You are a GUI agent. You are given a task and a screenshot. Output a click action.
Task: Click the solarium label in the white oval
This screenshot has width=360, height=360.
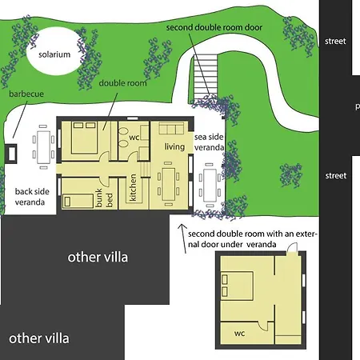(x=54, y=54)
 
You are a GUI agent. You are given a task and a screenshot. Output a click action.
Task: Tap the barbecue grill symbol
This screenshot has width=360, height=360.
(x=11, y=154)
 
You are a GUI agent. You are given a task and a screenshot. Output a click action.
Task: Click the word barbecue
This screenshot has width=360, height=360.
(x=26, y=94)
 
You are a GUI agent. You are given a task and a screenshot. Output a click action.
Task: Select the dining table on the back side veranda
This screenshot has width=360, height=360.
(x=43, y=147)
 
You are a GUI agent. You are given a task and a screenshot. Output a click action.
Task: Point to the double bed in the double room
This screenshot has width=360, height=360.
(x=84, y=138)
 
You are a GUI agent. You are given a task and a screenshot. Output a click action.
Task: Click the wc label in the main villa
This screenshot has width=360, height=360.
(x=134, y=138)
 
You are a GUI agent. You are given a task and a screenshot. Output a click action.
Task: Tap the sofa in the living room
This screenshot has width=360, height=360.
(x=171, y=128)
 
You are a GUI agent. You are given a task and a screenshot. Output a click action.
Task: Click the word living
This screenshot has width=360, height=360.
(x=174, y=146)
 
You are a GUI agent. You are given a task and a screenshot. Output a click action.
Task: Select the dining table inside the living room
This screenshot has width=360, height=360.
(x=168, y=184)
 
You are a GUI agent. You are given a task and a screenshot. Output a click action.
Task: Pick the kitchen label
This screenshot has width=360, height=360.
(x=133, y=187)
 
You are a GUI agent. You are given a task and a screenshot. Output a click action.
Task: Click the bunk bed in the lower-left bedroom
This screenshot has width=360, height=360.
(x=78, y=201)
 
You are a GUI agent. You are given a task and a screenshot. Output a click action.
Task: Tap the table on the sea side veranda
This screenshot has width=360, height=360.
(x=210, y=185)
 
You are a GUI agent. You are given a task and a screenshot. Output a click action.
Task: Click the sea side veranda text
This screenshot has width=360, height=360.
(x=209, y=142)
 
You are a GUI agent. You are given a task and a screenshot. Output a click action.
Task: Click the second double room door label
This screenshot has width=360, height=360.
(x=214, y=27)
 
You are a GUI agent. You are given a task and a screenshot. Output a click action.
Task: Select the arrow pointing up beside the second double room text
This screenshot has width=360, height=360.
(x=183, y=238)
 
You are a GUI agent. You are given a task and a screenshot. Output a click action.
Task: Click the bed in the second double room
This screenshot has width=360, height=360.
(x=237, y=286)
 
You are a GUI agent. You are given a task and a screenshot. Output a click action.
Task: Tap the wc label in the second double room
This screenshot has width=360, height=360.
(x=239, y=334)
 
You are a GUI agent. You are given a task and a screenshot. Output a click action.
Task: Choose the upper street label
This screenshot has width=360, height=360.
(x=335, y=41)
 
